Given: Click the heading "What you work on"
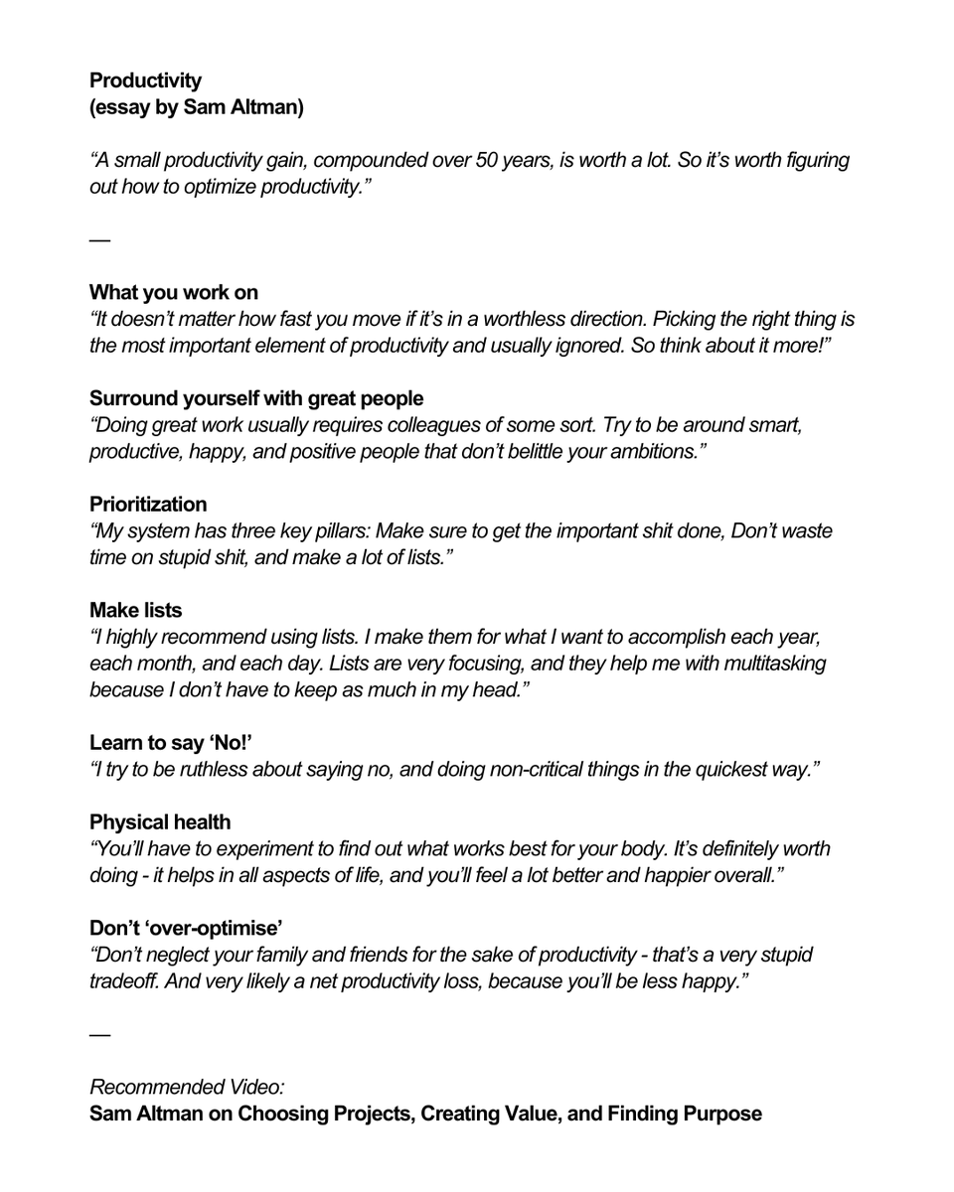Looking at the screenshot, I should click(174, 292).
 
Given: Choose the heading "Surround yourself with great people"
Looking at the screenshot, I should click(256, 398).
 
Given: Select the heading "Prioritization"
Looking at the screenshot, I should click(148, 505).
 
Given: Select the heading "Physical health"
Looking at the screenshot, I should click(160, 822).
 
